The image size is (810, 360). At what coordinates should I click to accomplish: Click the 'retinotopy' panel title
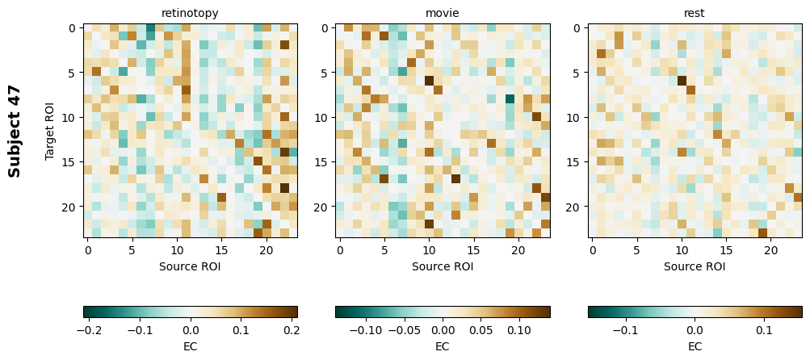pyautogui.click(x=190, y=13)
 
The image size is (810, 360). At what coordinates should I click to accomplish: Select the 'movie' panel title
pyautogui.click(x=443, y=13)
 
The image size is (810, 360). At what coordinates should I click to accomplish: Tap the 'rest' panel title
pyautogui.click(x=695, y=13)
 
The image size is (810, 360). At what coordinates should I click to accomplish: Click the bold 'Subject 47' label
pyautogui.click(x=15, y=131)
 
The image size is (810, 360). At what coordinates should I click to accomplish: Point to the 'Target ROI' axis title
pyautogui.click(x=50, y=131)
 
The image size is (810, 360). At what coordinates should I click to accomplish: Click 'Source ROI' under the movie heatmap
pyautogui.click(x=443, y=266)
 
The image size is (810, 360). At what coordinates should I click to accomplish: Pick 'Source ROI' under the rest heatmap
pyautogui.click(x=695, y=266)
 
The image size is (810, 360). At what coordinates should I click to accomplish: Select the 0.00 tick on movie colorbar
pyautogui.click(x=443, y=329)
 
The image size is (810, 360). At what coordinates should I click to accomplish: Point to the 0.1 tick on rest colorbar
pyautogui.click(x=764, y=329)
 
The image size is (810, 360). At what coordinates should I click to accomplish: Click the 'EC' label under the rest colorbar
pyautogui.click(x=695, y=346)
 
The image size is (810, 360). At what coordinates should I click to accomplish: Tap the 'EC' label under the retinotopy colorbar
pyautogui.click(x=190, y=346)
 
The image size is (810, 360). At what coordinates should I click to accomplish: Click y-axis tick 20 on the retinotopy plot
pyautogui.click(x=69, y=207)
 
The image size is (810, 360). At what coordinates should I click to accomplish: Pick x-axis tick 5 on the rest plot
pyautogui.click(x=637, y=250)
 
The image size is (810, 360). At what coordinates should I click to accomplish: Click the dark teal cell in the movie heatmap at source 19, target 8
pyautogui.click(x=510, y=99)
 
